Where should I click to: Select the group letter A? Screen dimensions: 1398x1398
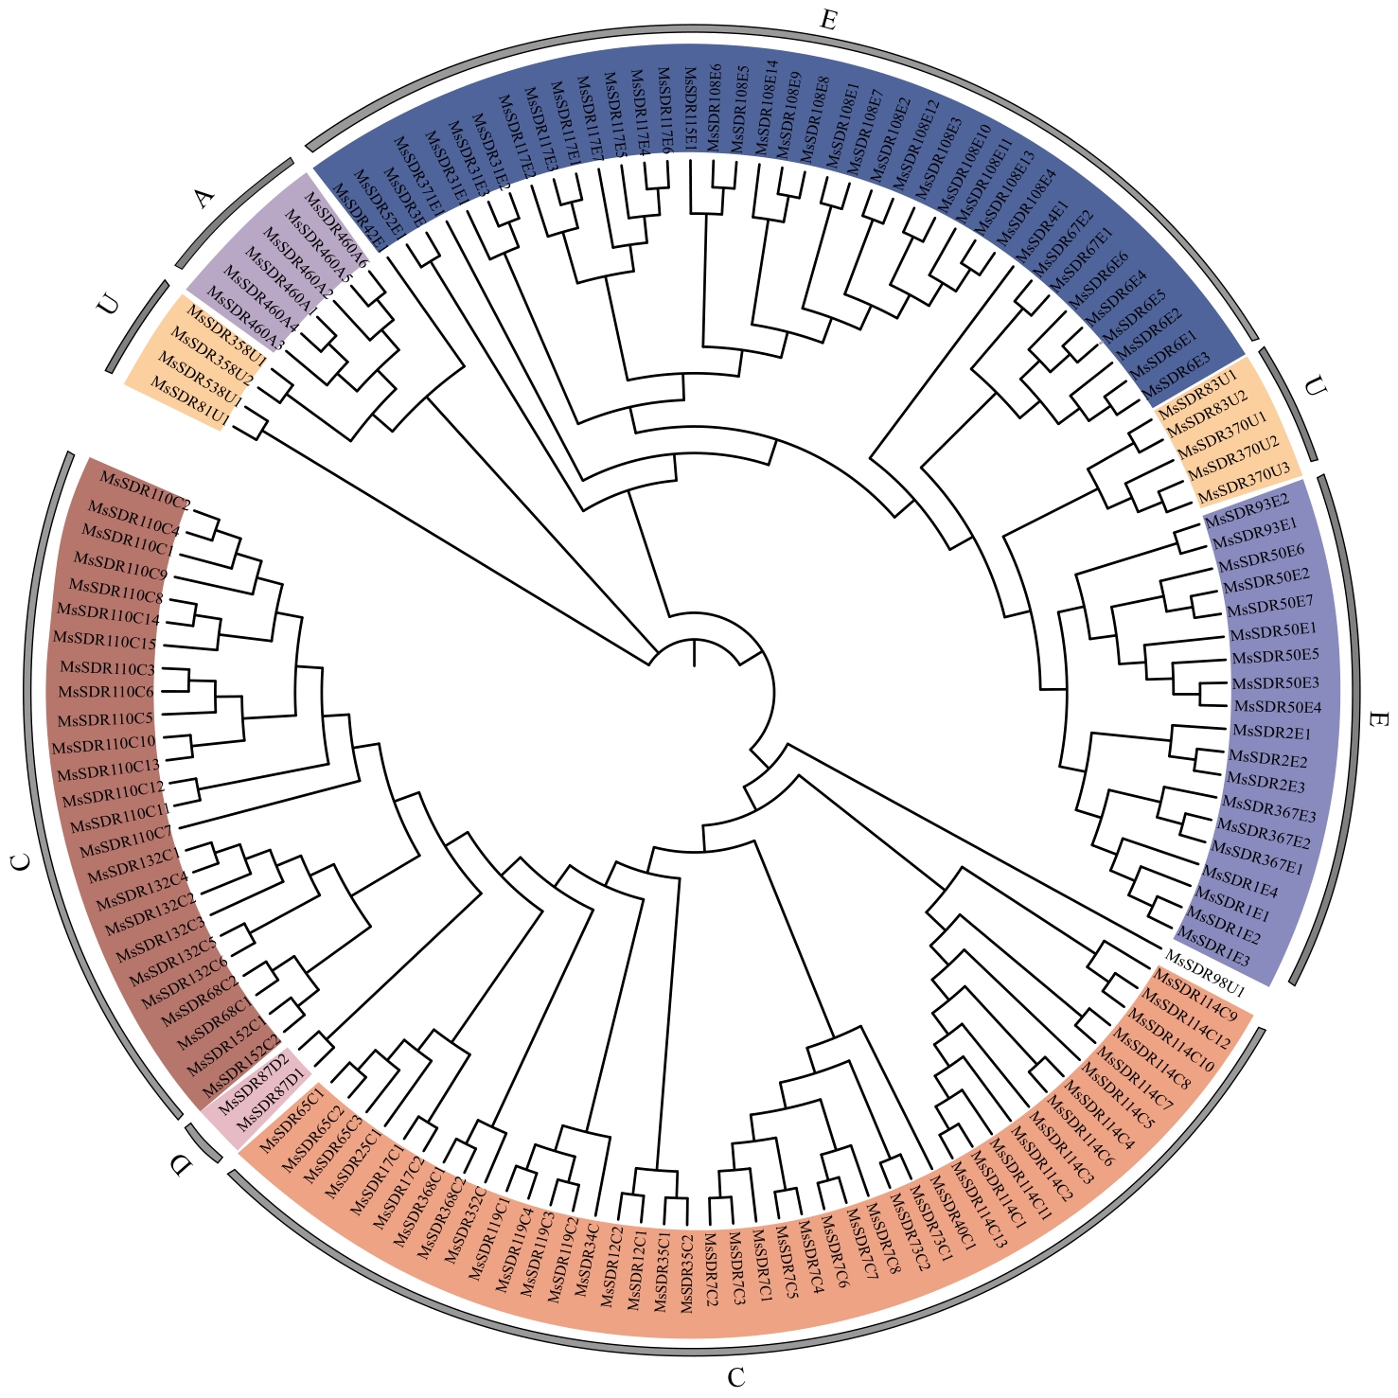pos(204,198)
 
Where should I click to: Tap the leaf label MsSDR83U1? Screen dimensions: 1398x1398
pos(1197,391)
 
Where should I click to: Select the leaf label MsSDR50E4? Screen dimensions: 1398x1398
pos(1278,706)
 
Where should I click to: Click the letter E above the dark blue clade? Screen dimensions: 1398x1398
pos(828,20)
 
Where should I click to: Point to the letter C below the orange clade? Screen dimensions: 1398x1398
pos(736,1376)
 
